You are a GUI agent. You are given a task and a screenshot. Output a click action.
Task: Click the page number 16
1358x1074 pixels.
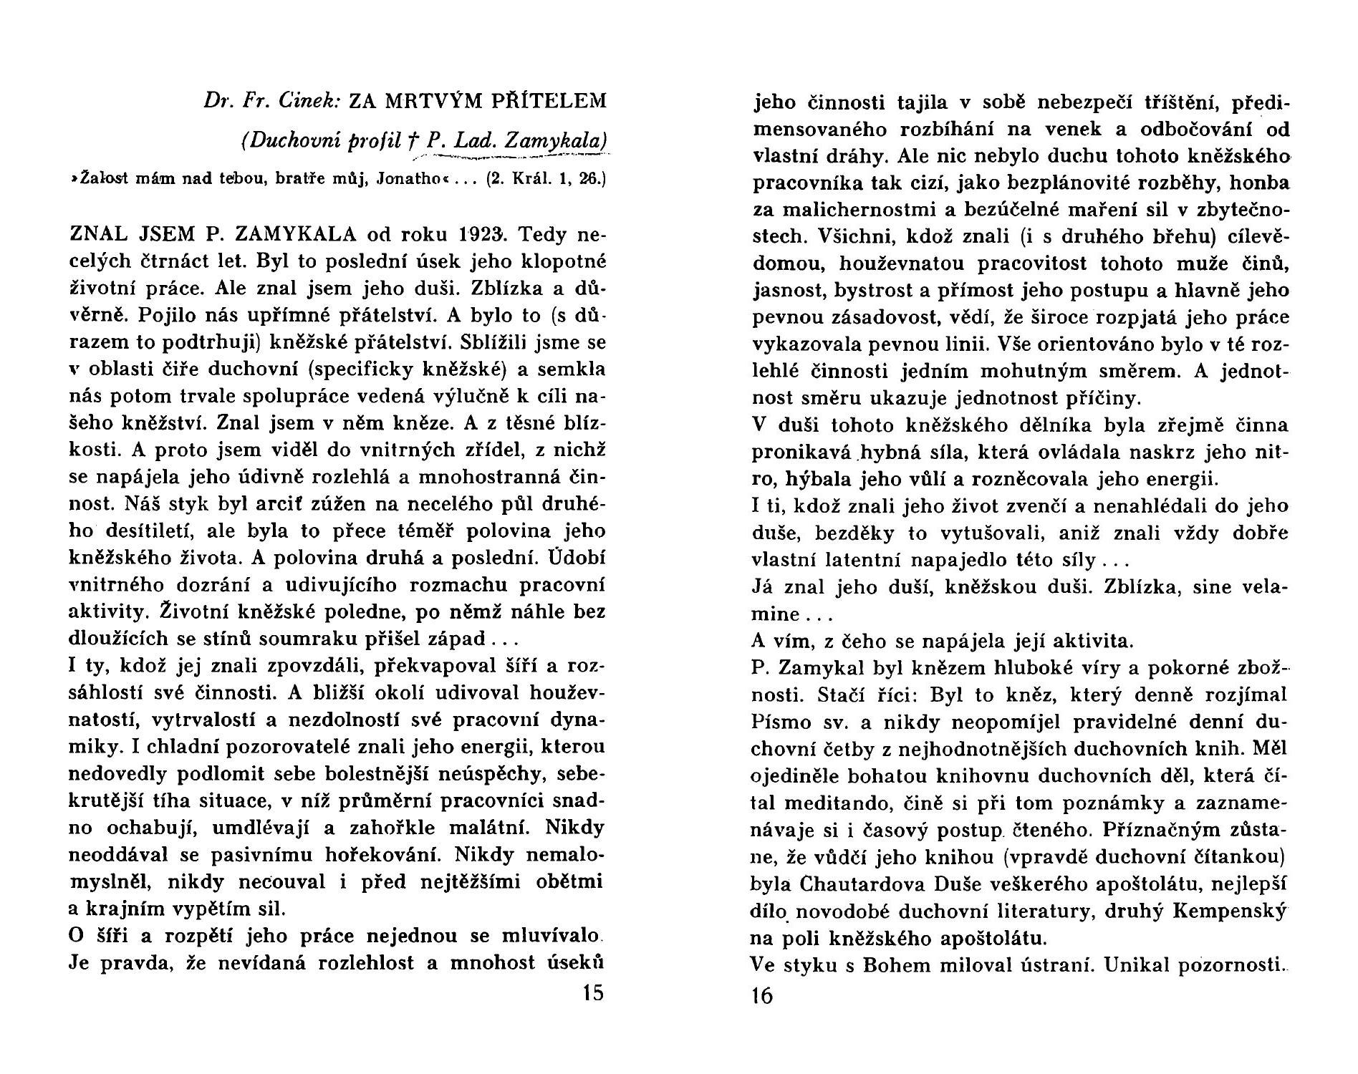point(763,996)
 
